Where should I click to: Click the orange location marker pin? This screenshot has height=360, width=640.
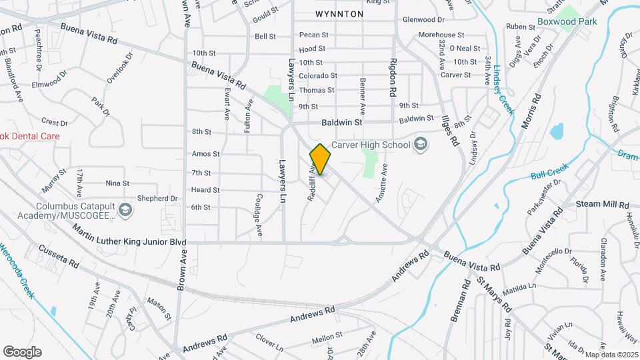point(320,159)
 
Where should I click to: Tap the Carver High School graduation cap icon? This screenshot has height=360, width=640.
point(421,144)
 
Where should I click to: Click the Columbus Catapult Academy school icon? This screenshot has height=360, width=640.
point(124,211)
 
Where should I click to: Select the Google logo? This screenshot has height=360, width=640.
point(22,352)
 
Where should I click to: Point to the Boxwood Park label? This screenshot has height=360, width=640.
point(567,21)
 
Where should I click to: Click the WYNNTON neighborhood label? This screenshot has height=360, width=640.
point(339,13)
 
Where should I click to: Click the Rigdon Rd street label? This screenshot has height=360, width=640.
point(392,77)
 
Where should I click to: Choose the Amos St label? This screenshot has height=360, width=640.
point(201,153)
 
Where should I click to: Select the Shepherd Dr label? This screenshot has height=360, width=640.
point(157,198)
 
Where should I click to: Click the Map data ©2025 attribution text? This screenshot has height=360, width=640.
point(611,355)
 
